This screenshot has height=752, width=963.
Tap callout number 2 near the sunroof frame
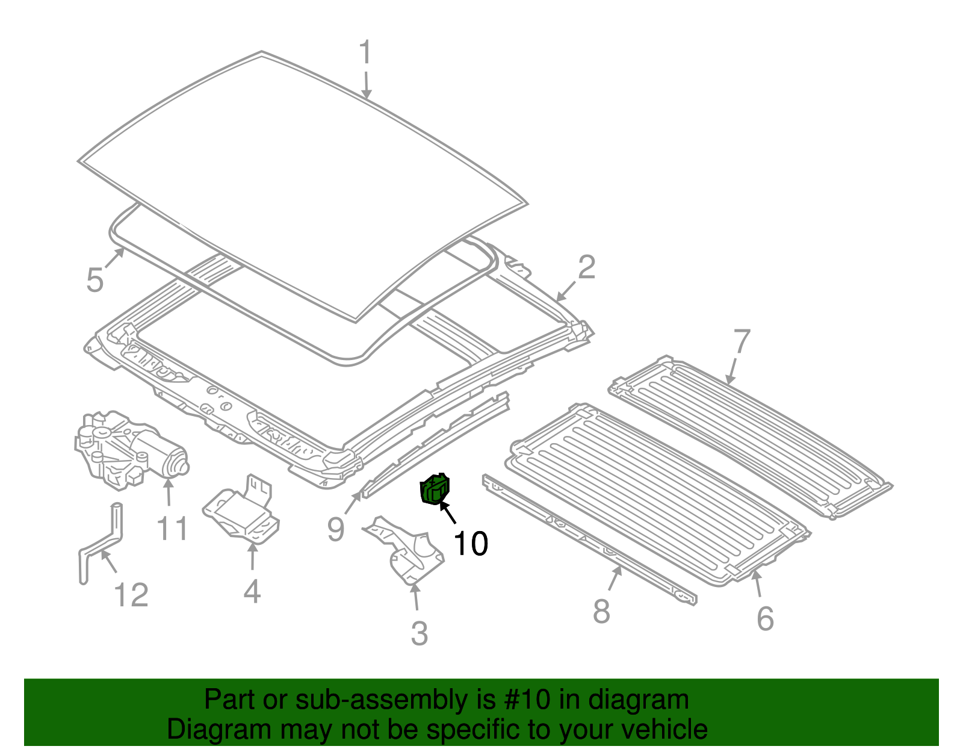click(x=586, y=267)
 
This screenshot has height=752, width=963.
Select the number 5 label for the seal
click(x=95, y=281)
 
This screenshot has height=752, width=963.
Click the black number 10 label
click(x=471, y=544)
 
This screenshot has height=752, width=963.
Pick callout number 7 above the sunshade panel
click(x=742, y=341)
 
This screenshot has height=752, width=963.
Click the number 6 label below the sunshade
click(x=765, y=618)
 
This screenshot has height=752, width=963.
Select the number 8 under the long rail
click(x=601, y=612)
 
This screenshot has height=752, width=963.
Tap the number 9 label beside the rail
click(x=336, y=530)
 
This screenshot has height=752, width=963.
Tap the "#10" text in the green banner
click(x=524, y=700)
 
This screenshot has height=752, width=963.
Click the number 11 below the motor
click(x=172, y=529)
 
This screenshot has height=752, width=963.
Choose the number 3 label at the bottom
click(x=420, y=633)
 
